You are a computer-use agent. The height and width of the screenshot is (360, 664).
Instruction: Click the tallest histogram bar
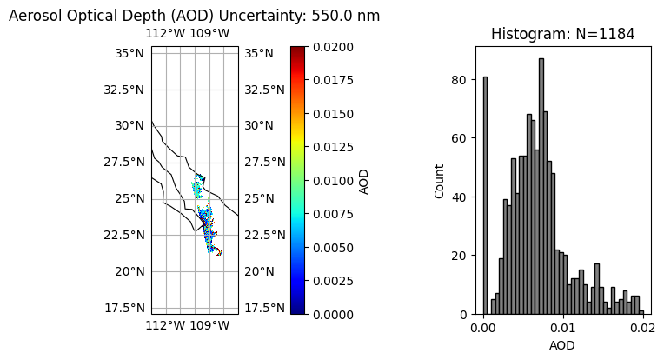[541, 186]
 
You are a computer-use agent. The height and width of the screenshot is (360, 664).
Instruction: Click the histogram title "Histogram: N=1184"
[562, 35]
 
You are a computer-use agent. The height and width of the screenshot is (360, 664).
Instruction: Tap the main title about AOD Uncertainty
[195, 16]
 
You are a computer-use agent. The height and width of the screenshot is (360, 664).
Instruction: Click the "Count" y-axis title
[441, 180]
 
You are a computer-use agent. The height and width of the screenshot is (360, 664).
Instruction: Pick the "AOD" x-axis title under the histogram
[562, 345]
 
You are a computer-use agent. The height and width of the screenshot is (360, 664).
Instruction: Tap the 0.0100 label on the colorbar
[334, 180]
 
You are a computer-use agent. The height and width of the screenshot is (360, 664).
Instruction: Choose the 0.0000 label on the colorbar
[334, 314]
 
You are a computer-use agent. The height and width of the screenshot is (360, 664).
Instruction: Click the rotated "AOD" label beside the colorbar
[364, 180]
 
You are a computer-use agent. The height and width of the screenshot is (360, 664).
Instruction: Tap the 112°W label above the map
[164, 34]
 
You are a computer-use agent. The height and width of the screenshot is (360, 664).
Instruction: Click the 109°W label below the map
[209, 326]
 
